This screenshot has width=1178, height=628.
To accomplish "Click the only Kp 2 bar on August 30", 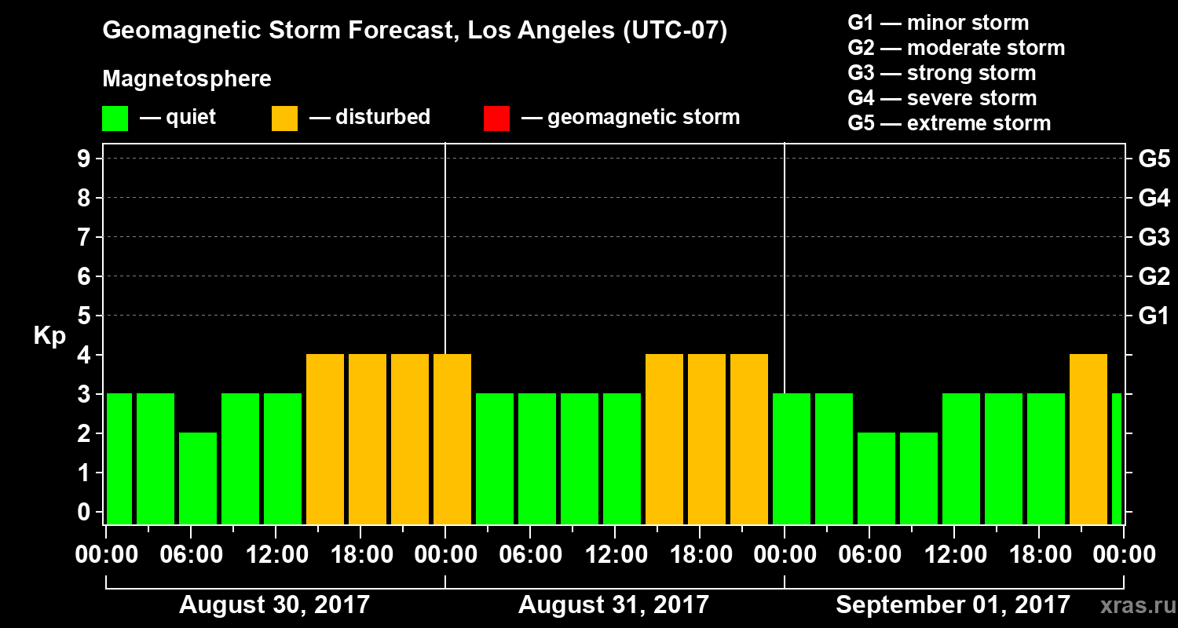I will [198, 478].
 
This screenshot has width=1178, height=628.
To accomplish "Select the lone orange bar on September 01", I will [1088, 440].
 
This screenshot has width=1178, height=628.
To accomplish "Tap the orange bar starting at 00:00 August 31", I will [452, 440].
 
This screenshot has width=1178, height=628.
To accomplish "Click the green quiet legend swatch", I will [115, 119].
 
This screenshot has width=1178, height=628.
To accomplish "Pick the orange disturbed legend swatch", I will [284, 119].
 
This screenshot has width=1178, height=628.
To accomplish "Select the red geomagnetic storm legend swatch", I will [496, 119].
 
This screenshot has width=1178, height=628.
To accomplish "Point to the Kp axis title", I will [49, 335].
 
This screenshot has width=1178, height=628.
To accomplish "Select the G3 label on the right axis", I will [1154, 237].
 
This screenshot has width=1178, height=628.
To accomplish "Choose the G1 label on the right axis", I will [1154, 316].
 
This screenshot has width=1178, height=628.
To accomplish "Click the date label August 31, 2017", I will [613, 604].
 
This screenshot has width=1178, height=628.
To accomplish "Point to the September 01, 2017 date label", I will [953, 604].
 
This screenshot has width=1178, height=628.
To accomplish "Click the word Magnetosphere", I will [187, 79].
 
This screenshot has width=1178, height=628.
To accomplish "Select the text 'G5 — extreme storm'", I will [949, 123].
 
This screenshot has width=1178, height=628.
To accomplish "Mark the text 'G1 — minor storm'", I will [938, 23].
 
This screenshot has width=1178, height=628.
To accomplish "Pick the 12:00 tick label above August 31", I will [615, 555].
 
